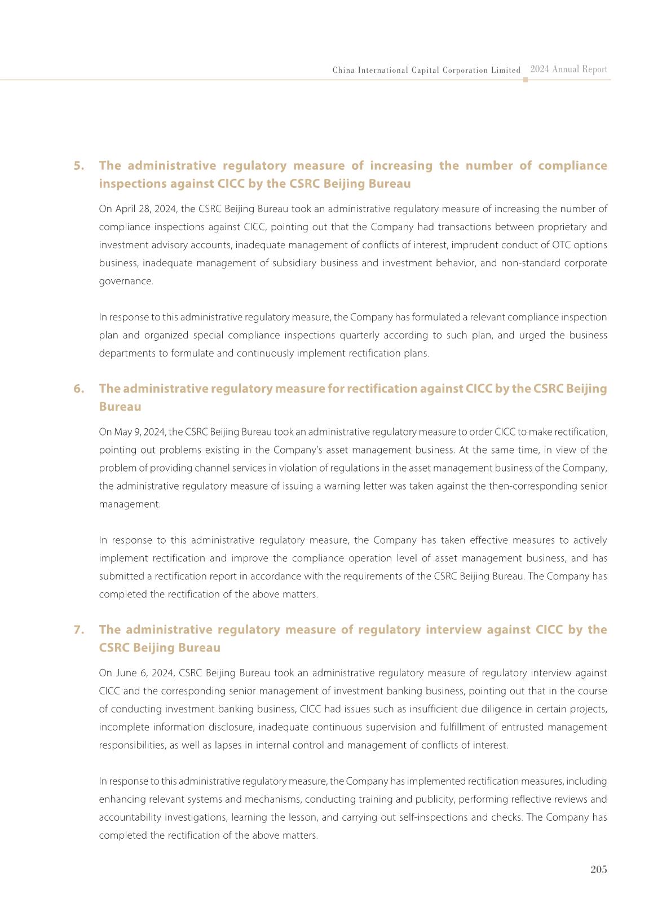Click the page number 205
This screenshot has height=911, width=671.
pyautogui.click(x=598, y=869)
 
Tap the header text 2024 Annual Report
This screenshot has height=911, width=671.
pyautogui.click(x=568, y=69)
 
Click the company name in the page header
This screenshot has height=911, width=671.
pyautogui.click(x=426, y=71)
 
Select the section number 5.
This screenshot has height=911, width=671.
pyautogui.click(x=79, y=166)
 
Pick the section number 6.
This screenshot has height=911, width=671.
pyautogui.click(x=79, y=389)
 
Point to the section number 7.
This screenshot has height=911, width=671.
pyautogui.click(x=79, y=630)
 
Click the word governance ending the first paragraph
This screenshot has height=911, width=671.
pyautogui.click(x=126, y=281)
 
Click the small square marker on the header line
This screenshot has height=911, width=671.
pyautogui.click(x=526, y=80)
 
